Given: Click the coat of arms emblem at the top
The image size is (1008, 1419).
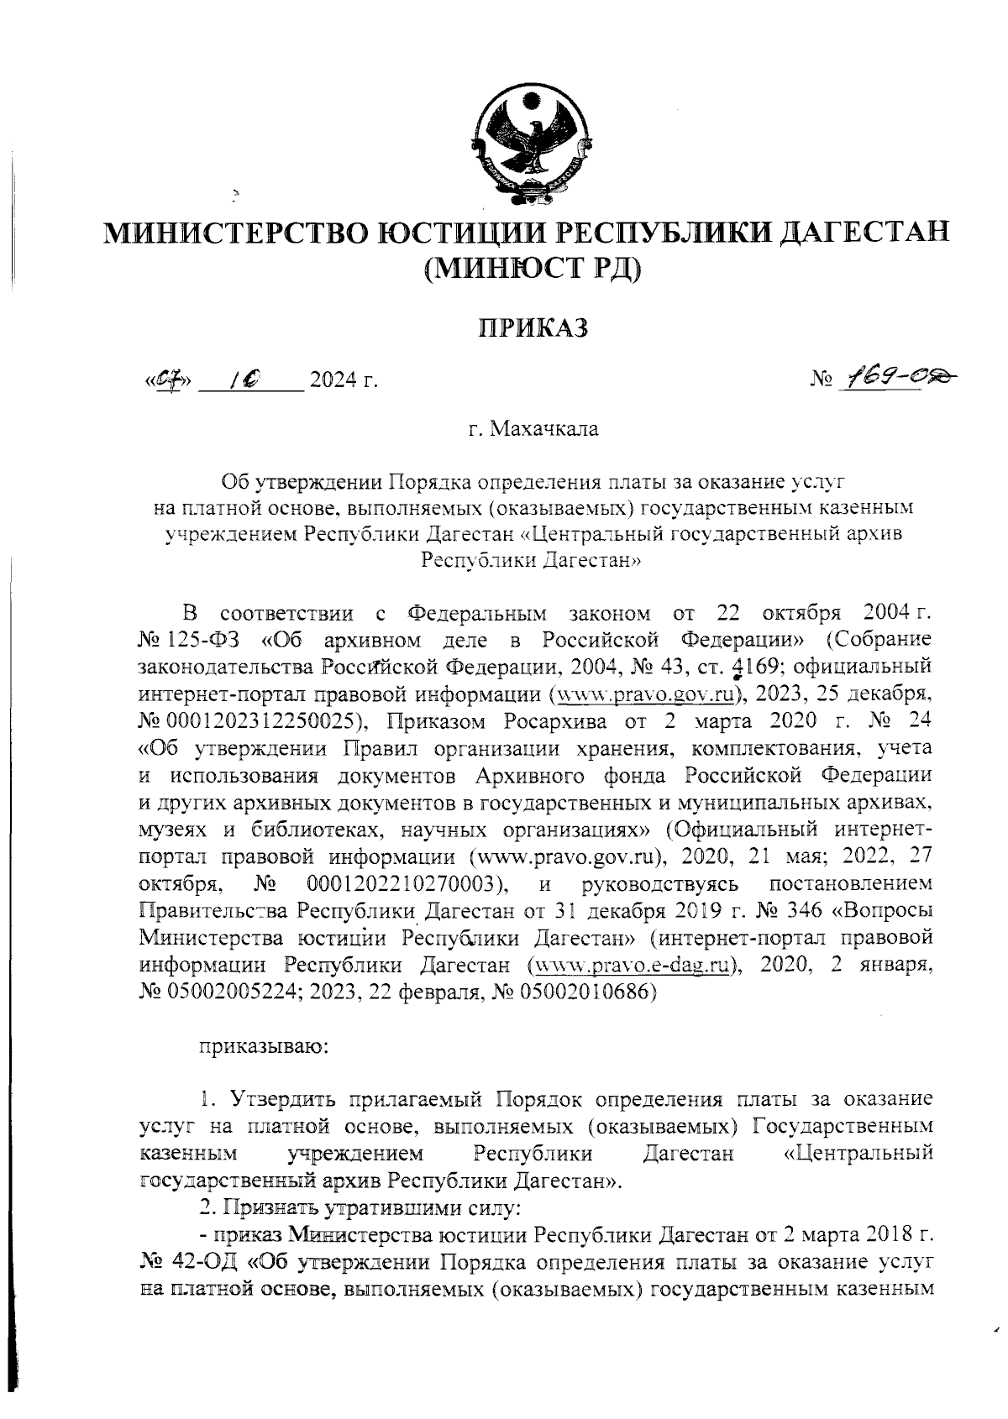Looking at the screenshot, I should point(527,142).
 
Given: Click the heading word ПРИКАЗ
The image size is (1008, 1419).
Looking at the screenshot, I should point(533,327).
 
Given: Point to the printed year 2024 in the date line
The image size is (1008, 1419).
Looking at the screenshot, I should point(333,382).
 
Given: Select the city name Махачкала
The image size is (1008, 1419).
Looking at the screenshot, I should point(544,430).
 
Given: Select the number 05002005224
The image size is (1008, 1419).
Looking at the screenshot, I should point(234,992).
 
